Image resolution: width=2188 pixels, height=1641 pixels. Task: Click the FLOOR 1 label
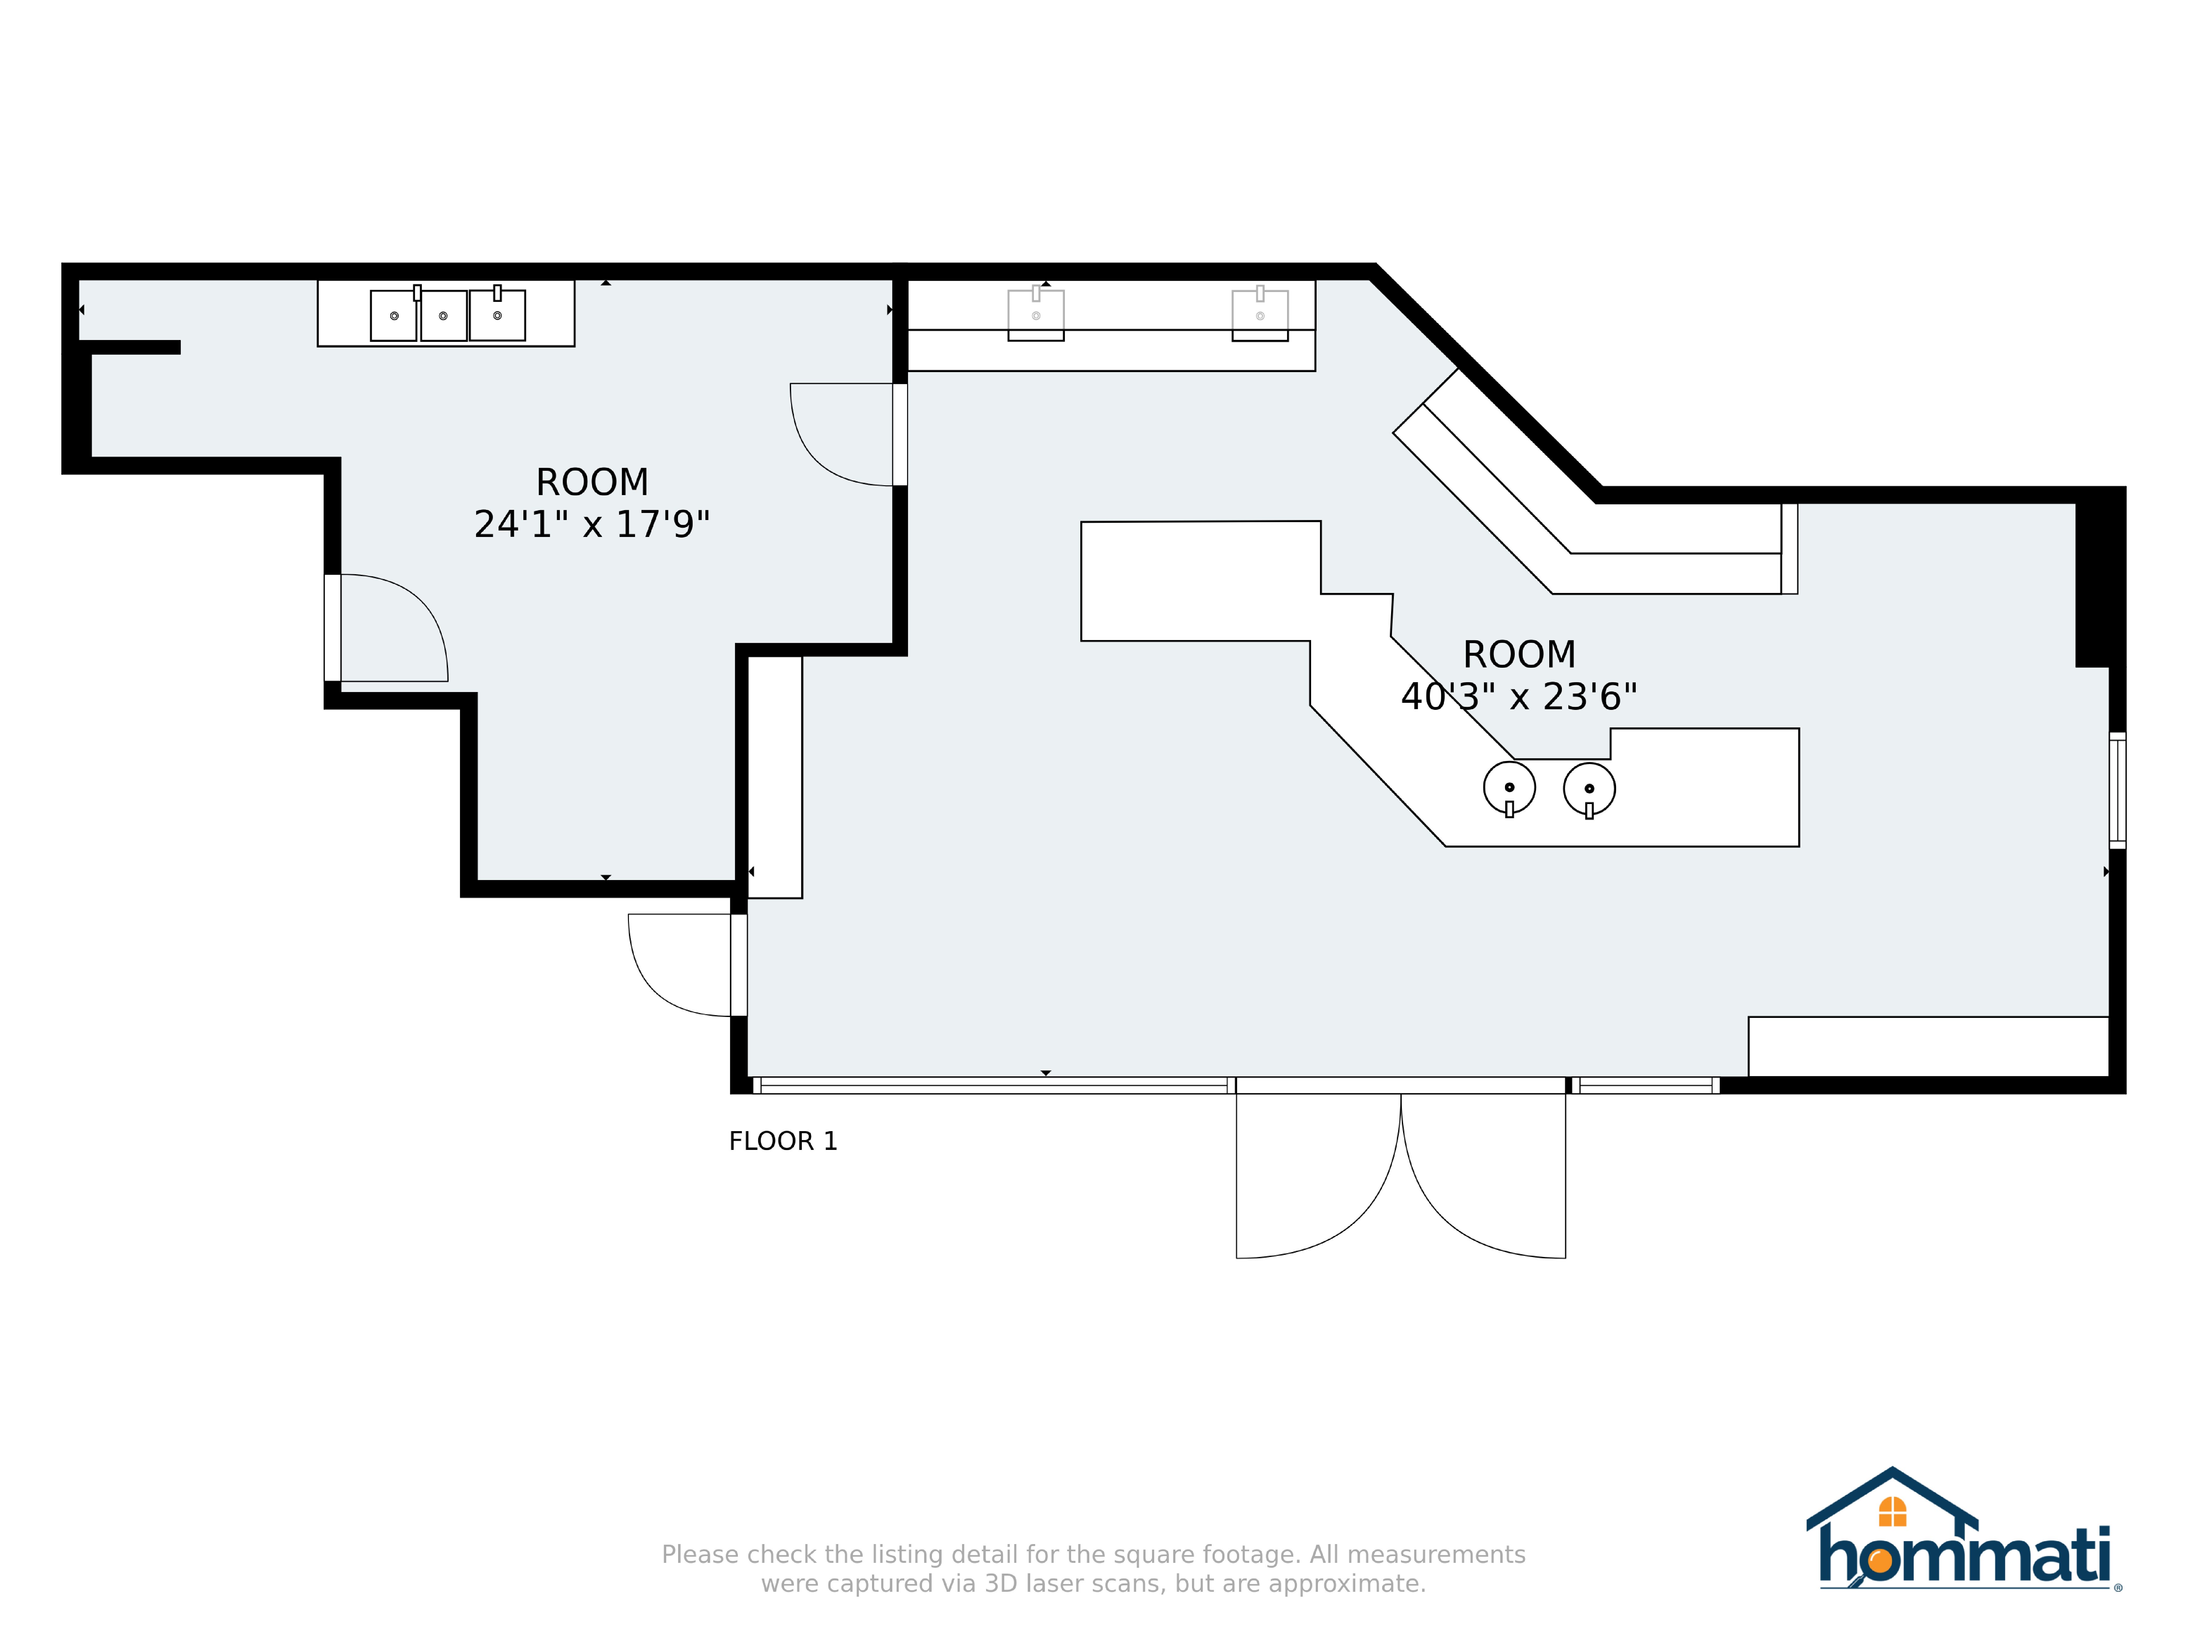click(782, 1142)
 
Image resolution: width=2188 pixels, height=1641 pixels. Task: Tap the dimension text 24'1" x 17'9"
click(591, 524)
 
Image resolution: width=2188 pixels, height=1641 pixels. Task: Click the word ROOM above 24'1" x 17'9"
click(591, 483)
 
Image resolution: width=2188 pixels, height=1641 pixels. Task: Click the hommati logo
click(1963, 1531)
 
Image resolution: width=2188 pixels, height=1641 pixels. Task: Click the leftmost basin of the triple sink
click(394, 315)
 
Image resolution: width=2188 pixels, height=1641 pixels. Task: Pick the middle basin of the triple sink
click(443, 315)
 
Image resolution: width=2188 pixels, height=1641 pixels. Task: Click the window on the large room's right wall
click(2118, 790)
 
